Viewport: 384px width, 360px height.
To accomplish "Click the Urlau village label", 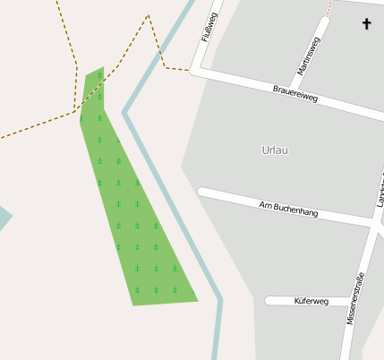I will pyautogui.click(x=276, y=150).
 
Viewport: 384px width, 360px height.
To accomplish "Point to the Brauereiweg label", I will pyautogui.click(x=295, y=92).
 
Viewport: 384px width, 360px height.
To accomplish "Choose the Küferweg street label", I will pyautogui.click(x=311, y=302).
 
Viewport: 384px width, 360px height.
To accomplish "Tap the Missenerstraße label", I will pyautogui.click(x=354, y=297).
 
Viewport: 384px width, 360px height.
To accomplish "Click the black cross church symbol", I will pyautogui.click(x=365, y=24).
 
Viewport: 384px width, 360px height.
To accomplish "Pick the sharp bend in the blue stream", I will pyautogui.click(x=125, y=113).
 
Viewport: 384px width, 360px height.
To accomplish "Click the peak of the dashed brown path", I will pyautogui.click(x=148, y=15).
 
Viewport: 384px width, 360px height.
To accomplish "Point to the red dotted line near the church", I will pyautogui.click(x=329, y=8).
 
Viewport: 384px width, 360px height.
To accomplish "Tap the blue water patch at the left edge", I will pyautogui.click(x=4, y=218).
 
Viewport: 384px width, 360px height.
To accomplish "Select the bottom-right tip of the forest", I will pyautogui.click(x=197, y=301).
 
